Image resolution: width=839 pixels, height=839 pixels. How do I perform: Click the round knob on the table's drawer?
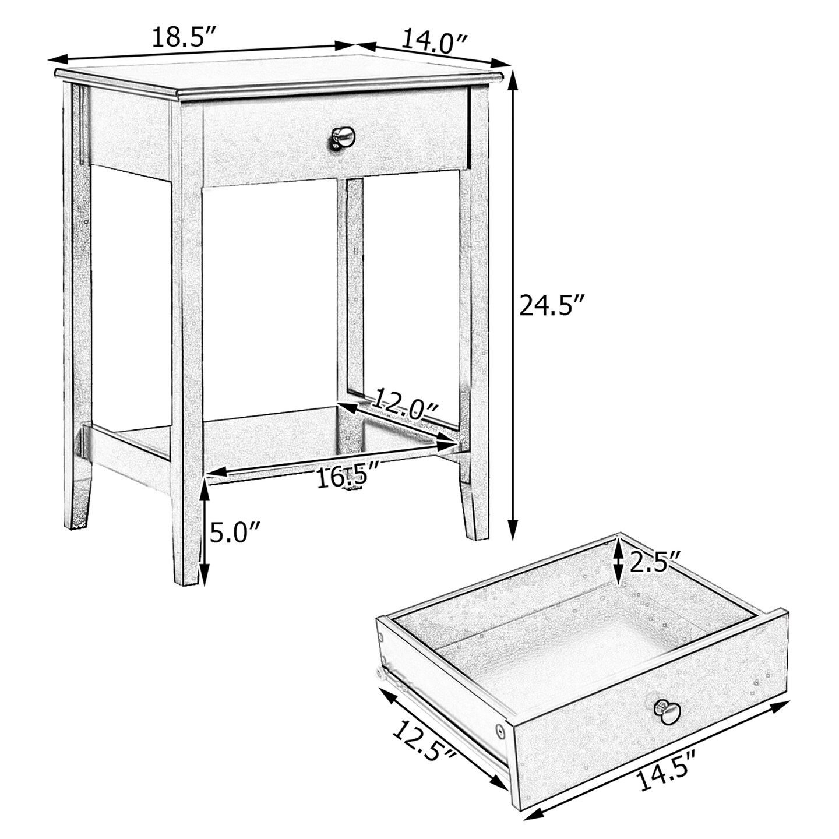coord(343,138)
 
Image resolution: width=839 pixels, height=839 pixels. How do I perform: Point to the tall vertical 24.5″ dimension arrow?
coord(513,303)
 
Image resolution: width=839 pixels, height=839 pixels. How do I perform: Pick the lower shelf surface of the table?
coord(274,443)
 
